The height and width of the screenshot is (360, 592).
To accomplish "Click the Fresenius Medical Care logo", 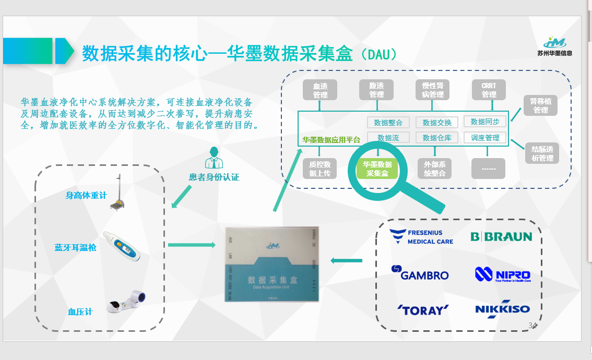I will pyautogui.click(x=422, y=237).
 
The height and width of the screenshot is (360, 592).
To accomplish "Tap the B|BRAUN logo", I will pyautogui.click(x=501, y=237).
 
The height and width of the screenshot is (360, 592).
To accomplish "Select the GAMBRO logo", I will pyautogui.click(x=420, y=273).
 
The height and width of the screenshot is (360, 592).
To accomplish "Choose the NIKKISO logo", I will pyautogui.click(x=502, y=309).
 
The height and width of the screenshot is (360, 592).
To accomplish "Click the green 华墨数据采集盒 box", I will pyautogui.click(x=377, y=168).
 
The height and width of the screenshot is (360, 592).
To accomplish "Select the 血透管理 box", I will pyautogui.click(x=320, y=90).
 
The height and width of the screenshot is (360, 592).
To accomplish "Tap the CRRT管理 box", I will pyautogui.click(x=489, y=90).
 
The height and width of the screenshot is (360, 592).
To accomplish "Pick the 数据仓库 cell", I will pyautogui.click(x=437, y=138).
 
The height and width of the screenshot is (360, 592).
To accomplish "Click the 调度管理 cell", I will pyautogui.click(x=485, y=138).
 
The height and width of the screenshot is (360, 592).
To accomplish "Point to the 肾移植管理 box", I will pyautogui.click(x=540, y=105).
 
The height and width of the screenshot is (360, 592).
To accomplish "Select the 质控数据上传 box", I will pyautogui.click(x=320, y=169).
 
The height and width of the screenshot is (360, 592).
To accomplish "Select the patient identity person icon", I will pyautogui.click(x=213, y=157).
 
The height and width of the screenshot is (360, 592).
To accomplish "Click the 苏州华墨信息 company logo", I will pyautogui.click(x=554, y=46).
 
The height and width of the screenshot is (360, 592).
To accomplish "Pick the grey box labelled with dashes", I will pyautogui.click(x=488, y=169).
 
